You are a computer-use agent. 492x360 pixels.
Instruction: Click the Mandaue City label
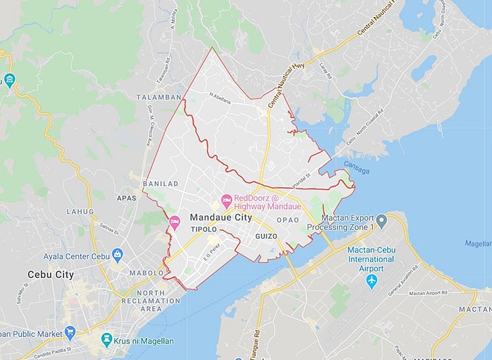220,216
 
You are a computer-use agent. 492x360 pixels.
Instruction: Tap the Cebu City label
51,274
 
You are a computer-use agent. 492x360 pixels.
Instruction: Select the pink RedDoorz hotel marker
226,199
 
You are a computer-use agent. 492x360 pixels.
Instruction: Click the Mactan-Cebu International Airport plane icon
372,281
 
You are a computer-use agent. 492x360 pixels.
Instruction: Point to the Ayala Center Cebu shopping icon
117,254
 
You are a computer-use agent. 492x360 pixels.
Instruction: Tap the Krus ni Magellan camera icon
108,340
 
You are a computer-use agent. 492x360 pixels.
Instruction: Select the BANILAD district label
160,184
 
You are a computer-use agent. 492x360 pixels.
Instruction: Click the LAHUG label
80,212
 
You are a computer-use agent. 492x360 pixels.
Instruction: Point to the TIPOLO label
203,230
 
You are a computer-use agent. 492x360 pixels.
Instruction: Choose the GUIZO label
266,235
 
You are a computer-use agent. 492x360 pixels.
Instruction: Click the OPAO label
287,220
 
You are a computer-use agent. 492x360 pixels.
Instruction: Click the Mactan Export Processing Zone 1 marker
380,218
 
